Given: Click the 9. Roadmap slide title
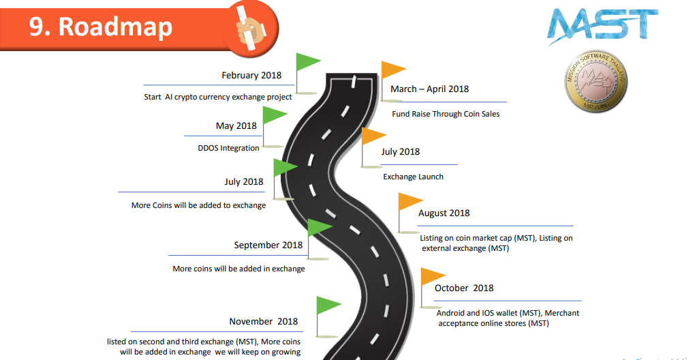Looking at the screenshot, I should [x=101, y=26].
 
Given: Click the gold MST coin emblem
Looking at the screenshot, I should [x=596, y=83].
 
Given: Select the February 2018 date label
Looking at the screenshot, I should [x=251, y=76].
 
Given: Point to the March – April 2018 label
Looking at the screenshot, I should [x=429, y=89].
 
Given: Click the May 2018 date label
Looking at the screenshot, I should [x=236, y=126].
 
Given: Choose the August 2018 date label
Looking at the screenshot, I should [x=444, y=213].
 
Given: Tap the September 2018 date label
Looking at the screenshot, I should [x=268, y=245].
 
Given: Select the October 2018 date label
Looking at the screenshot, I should [x=463, y=288].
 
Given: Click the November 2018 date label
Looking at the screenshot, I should [x=263, y=322].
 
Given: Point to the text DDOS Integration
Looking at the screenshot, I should [x=228, y=148].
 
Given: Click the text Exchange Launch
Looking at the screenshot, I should [x=413, y=177].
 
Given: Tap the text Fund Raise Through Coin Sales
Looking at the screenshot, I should [x=446, y=114].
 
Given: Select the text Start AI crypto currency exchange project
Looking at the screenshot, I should [x=218, y=97].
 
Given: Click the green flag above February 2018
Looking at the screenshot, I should [x=307, y=61].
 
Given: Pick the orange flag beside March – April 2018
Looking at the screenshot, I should [x=392, y=70].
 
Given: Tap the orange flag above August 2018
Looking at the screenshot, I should [x=410, y=202].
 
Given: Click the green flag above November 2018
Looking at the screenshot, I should [x=328, y=305].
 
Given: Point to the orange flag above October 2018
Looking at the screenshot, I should [x=432, y=276].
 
